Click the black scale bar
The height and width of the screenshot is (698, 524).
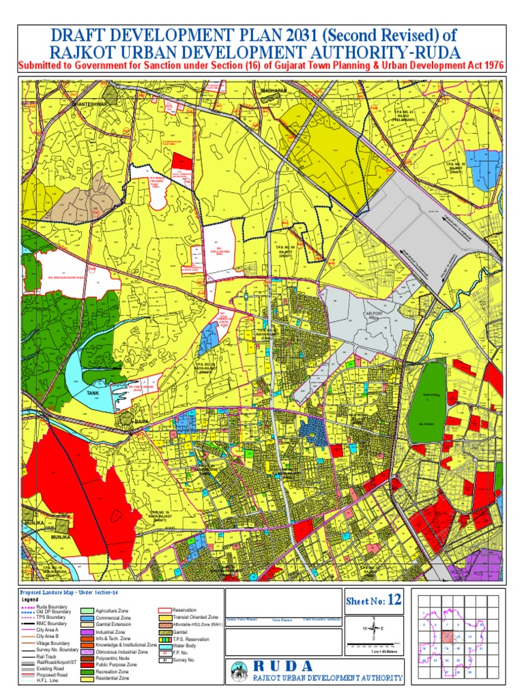point(375,644)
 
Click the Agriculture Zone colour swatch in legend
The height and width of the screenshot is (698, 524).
point(87,611)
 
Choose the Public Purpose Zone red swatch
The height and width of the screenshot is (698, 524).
point(87,663)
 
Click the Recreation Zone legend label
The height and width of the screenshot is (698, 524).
point(113,671)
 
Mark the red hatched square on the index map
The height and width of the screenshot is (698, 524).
point(448,637)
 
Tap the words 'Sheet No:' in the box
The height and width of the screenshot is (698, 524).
point(366,601)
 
